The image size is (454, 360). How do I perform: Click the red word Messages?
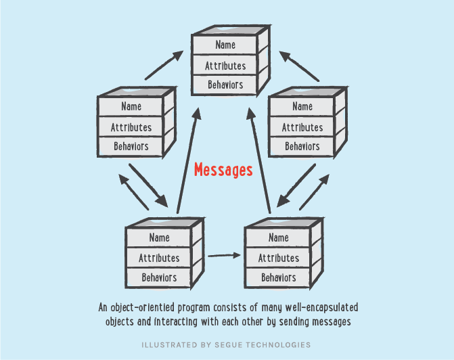[223, 170]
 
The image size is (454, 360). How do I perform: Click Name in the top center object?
[225, 45]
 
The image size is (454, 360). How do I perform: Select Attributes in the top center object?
[225, 66]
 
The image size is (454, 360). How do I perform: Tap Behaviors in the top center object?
[225, 85]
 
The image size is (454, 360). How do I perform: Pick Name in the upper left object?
[131, 107]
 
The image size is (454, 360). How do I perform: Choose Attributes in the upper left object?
[131, 127]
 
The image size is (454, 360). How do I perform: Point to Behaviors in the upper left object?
[131, 146]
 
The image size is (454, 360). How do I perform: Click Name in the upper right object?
[302, 107]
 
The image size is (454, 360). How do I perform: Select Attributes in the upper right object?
[302, 127]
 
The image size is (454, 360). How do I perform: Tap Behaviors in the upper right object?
[302, 146]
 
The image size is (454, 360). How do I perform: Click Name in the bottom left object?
[159, 238]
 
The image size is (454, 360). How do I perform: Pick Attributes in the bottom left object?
[159, 258]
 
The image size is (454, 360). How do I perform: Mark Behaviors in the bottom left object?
[159, 277]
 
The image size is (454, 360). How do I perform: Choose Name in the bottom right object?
[279, 238]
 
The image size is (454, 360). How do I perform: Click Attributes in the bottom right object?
[279, 258]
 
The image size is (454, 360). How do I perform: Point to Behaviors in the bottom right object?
[279, 277]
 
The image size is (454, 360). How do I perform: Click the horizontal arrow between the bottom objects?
[225, 256]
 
